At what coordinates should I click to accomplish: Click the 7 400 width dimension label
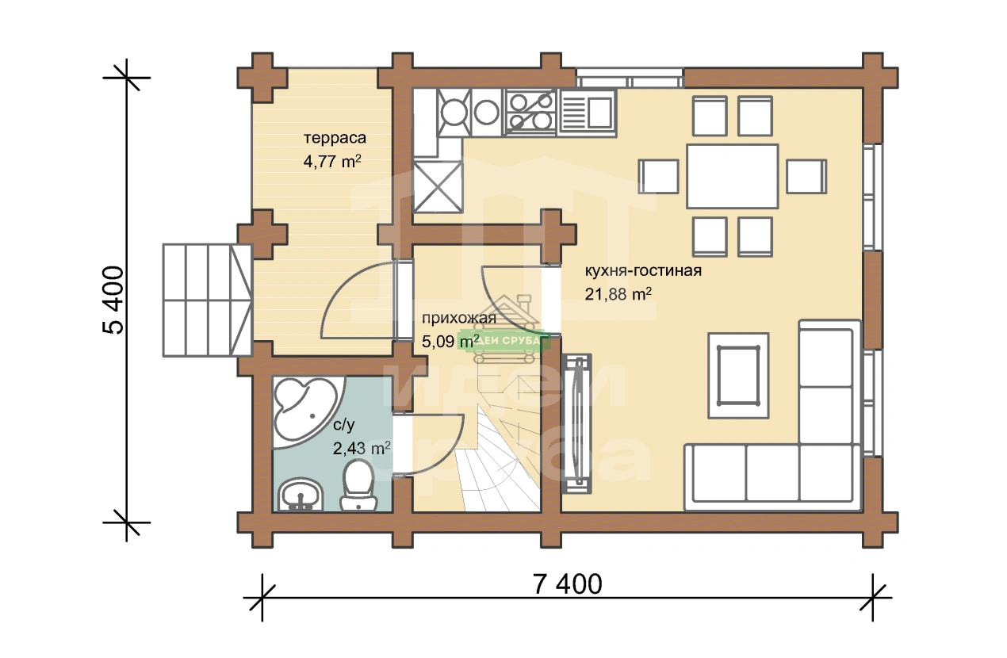click(568, 584)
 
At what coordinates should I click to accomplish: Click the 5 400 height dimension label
click(113, 300)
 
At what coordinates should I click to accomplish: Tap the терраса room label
click(335, 138)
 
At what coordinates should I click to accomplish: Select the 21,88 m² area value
click(618, 294)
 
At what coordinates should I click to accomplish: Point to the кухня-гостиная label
click(643, 271)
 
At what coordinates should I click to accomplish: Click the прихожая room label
click(459, 318)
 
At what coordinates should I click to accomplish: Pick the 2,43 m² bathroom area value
click(362, 448)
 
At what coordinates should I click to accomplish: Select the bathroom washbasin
click(301, 495)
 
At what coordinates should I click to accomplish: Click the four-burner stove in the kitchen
click(531, 112)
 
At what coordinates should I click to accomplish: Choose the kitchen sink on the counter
click(587, 112)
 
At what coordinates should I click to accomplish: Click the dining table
click(733, 176)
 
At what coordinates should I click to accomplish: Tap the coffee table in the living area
click(738, 376)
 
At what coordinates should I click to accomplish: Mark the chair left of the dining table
click(659, 176)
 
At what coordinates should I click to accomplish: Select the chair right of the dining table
click(806, 176)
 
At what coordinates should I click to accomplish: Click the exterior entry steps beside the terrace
click(207, 300)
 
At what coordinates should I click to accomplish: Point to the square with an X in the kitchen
click(438, 186)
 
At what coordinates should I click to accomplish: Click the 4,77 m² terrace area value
click(332, 161)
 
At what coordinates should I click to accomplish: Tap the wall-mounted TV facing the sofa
click(576, 423)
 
